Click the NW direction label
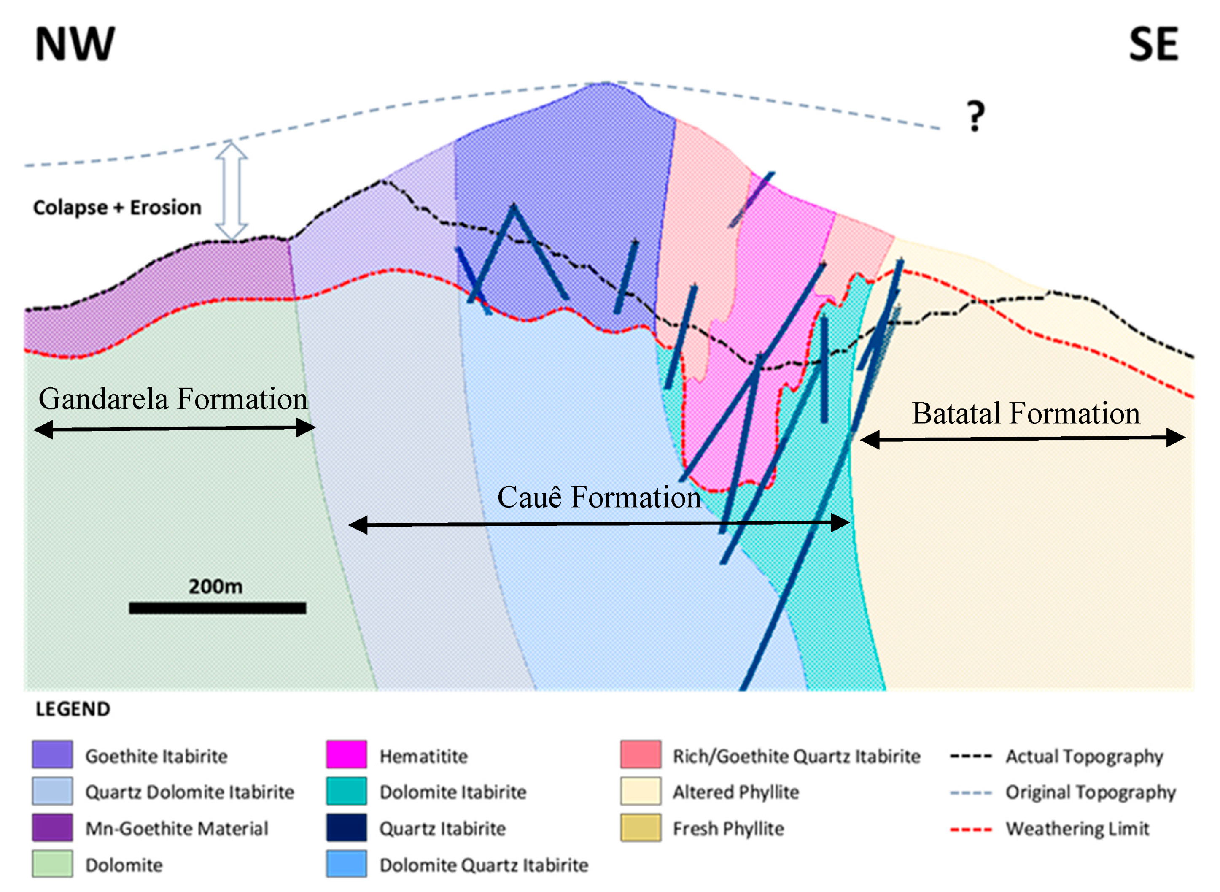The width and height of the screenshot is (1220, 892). click(75, 44)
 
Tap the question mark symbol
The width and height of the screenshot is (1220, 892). click(975, 116)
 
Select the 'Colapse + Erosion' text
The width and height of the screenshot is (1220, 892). click(117, 207)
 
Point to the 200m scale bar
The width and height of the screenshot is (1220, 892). click(218, 608)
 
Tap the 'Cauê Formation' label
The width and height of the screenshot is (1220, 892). click(598, 497)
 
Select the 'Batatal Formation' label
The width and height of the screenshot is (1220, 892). click(1026, 414)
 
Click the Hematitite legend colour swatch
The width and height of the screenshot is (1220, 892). click(346, 755)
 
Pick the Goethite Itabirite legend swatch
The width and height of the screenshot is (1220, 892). click(52, 755)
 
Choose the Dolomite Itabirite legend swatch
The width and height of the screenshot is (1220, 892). click(346, 792)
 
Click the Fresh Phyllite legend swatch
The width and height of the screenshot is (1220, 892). click(641, 828)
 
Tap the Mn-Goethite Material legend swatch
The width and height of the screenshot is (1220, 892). click(52, 828)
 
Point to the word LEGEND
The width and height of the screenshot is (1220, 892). click(73, 709)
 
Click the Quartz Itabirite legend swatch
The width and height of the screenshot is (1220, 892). click(346, 828)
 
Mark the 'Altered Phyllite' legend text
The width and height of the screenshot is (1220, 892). click(735, 792)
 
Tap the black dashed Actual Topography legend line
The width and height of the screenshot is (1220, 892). click(971, 757)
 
